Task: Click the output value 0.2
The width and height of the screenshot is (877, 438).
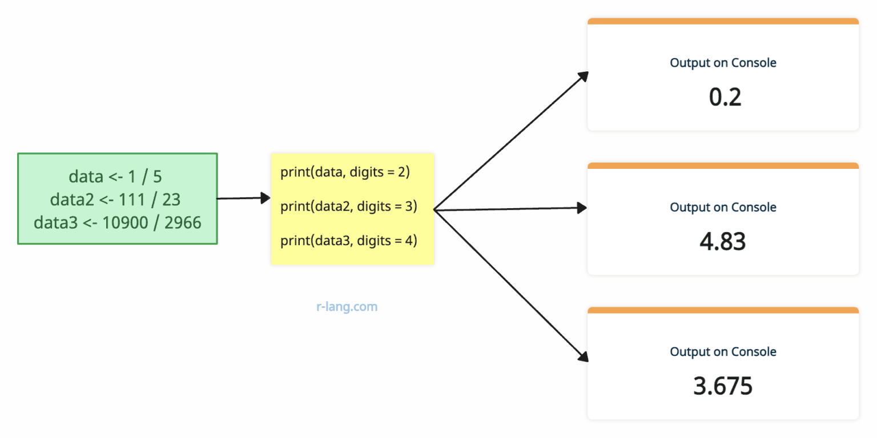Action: click(725, 98)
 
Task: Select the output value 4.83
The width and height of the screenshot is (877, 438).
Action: click(723, 242)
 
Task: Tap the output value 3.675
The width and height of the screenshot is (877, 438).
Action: click(723, 387)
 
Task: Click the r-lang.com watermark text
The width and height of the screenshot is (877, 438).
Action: click(347, 307)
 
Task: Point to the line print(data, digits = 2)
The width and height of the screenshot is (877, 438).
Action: click(345, 172)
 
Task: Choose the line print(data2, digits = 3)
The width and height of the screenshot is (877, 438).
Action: click(349, 206)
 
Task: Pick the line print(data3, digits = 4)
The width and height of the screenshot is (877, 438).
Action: click(349, 241)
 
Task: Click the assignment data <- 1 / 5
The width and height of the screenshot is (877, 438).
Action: click(115, 176)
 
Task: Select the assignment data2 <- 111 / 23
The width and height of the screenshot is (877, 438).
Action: click(115, 199)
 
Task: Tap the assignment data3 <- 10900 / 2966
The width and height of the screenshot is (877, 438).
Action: click(118, 222)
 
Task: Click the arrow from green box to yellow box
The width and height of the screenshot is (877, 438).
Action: click(243, 198)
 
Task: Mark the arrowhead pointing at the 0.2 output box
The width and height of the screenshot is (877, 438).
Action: click(582, 76)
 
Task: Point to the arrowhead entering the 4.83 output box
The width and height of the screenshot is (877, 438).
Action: click(582, 208)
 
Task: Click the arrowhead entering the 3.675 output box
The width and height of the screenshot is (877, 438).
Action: click(582, 356)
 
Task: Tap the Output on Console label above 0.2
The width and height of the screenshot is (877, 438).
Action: click(723, 63)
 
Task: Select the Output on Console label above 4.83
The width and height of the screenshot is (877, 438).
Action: click(723, 207)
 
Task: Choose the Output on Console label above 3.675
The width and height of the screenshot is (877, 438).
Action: click(723, 352)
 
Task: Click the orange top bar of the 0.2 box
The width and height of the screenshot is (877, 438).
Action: click(723, 21)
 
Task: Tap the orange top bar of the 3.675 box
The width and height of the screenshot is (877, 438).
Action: click(723, 310)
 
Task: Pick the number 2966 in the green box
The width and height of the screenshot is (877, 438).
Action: click(183, 222)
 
